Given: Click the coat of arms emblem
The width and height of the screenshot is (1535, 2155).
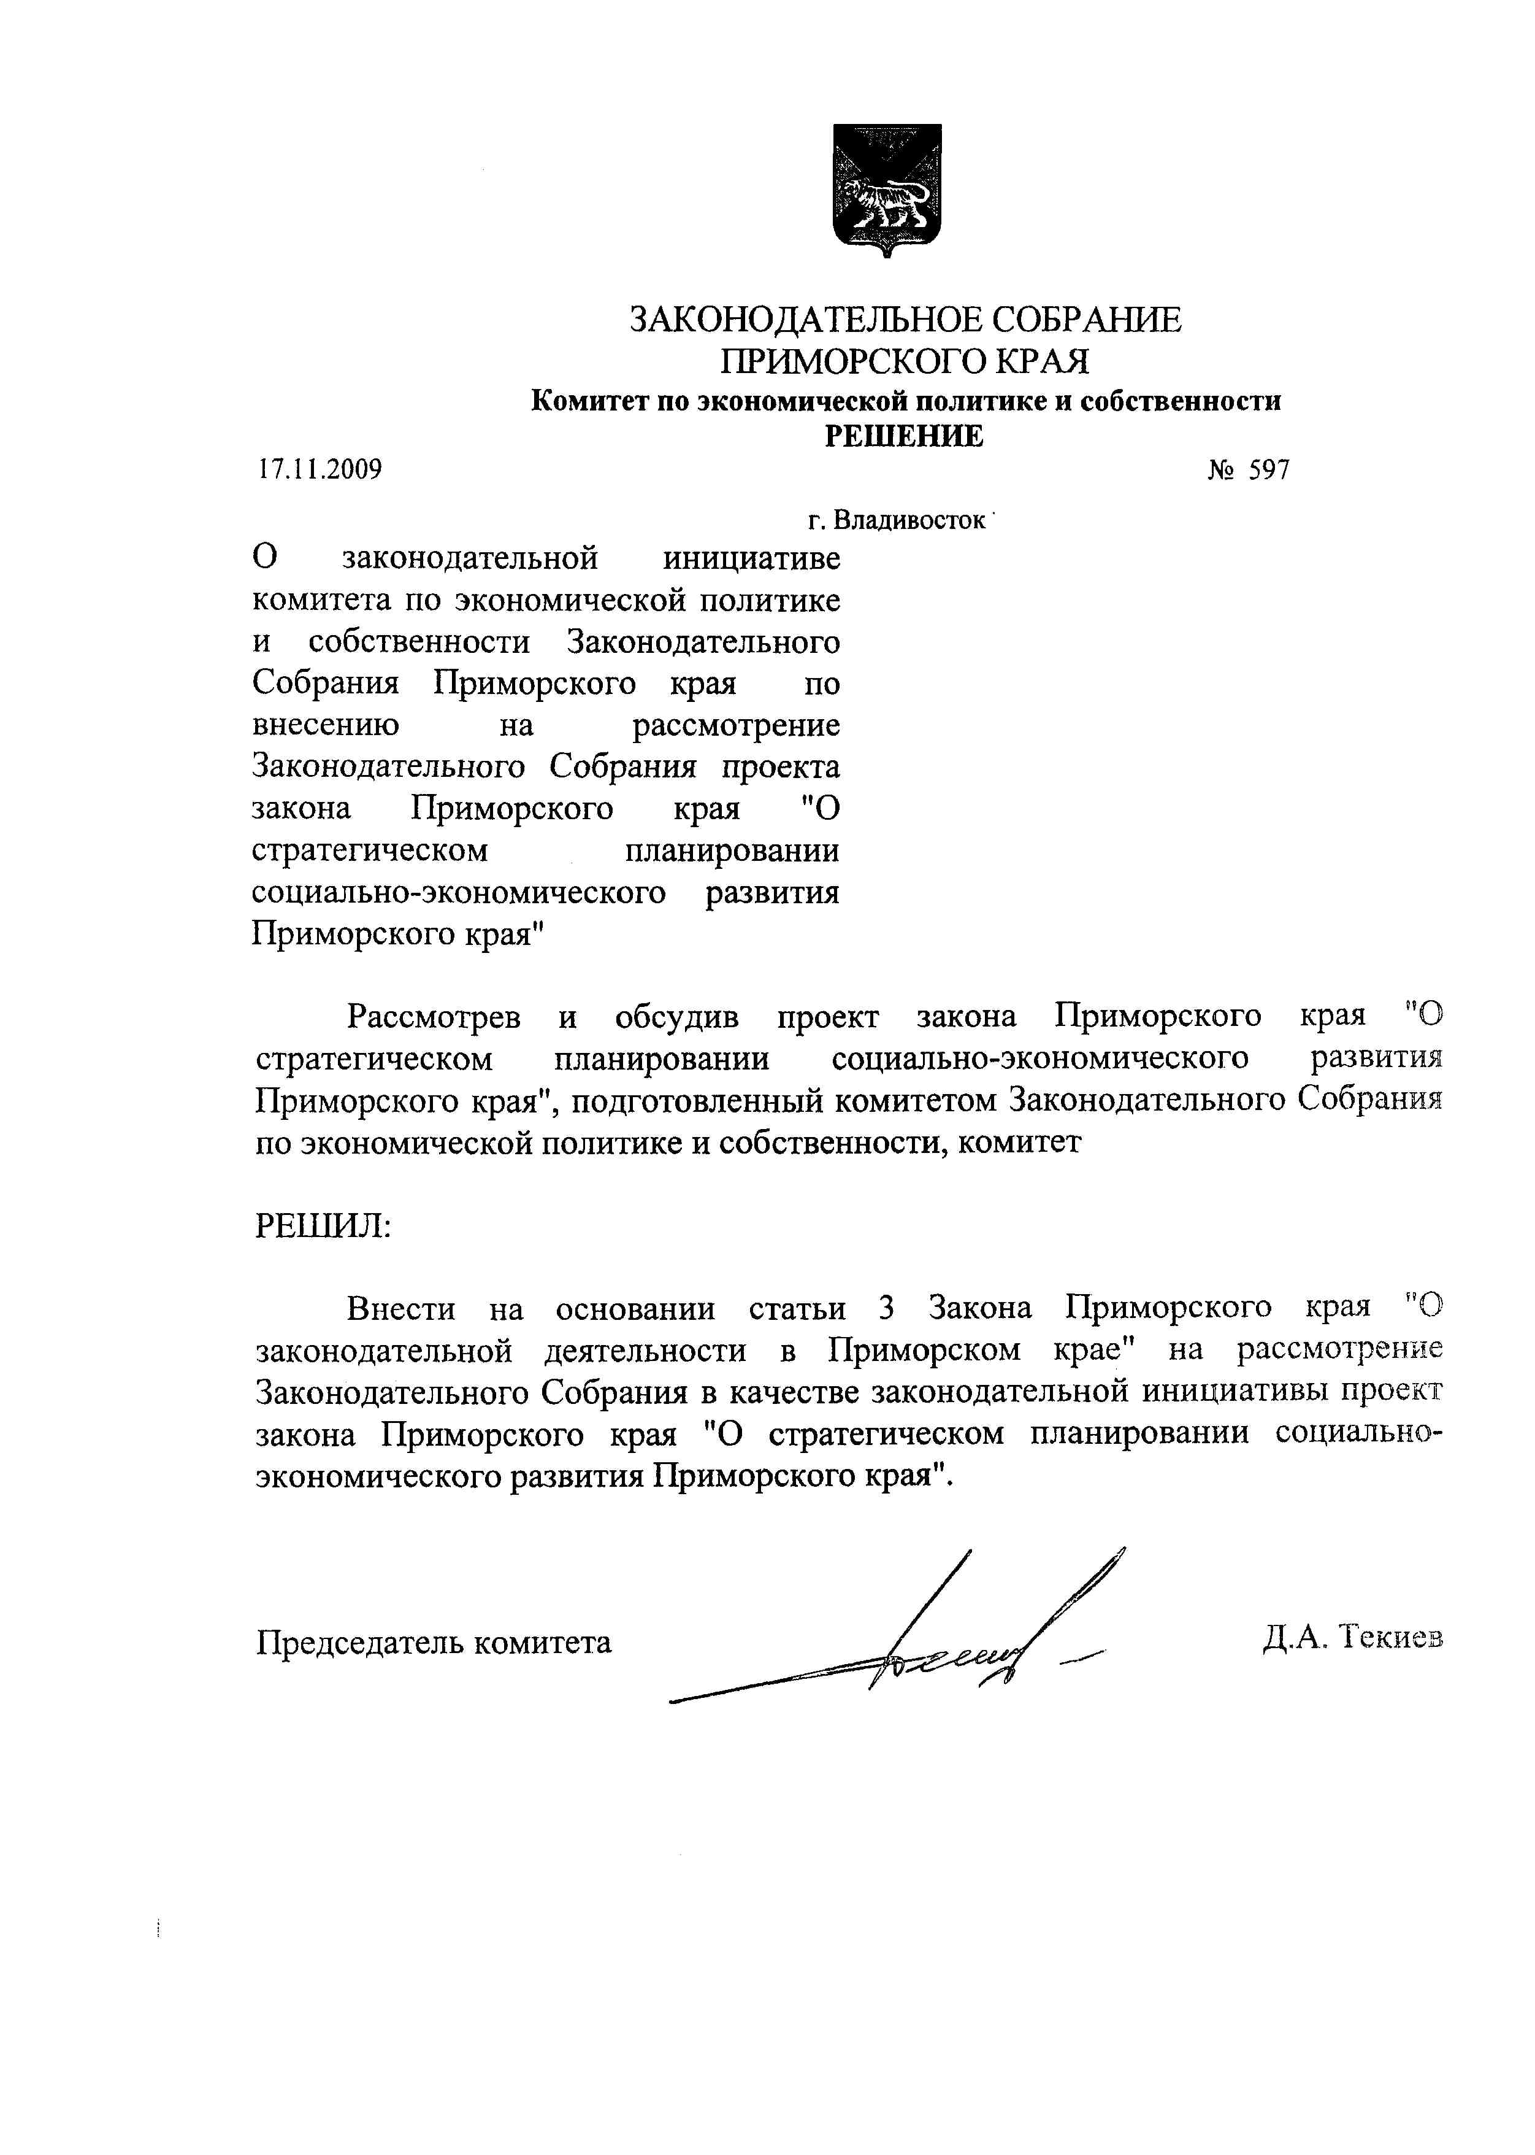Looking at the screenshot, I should coord(887,189).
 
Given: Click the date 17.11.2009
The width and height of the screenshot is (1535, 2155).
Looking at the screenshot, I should coord(320,469).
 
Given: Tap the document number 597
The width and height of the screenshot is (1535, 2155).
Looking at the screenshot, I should coord(1268,470).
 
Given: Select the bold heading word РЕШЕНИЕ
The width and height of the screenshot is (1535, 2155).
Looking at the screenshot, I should coord(905,436).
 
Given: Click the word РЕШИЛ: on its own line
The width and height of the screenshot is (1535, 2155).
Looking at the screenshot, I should coord(323,1227).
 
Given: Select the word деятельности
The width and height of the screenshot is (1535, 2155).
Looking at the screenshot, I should coord(645,1351).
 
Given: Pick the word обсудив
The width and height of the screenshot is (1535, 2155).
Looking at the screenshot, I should coord(677,1017).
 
